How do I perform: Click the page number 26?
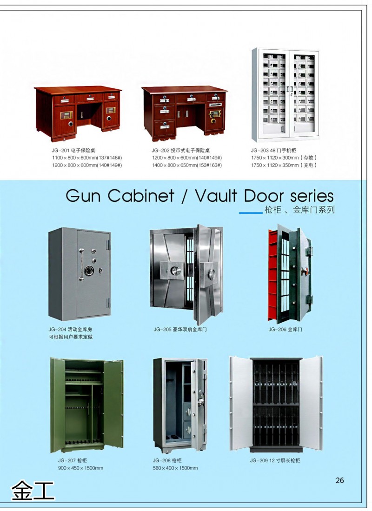pyautogui.click(x=339, y=480)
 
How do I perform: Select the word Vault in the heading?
pyautogui.click(x=223, y=195)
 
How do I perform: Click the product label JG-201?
pyautogui.click(x=60, y=150)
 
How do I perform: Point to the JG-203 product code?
pyautogui.click(x=259, y=150)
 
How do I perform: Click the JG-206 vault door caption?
pyautogui.click(x=285, y=329)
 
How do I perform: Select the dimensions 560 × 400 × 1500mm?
pyautogui.click(x=175, y=468)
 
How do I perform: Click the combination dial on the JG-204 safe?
pyautogui.click(x=90, y=270)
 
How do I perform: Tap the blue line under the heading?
pyautogui.click(x=251, y=213)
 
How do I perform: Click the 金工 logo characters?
pyautogui.click(x=33, y=490)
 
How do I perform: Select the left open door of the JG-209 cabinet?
pyautogui.click(x=241, y=403)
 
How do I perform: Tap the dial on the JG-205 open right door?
pyautogui.click(x=212, y=274)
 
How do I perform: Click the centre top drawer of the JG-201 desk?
pyautogui.click(x=89, y=98)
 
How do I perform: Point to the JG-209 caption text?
pyautogui.click(x=275, y=461)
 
